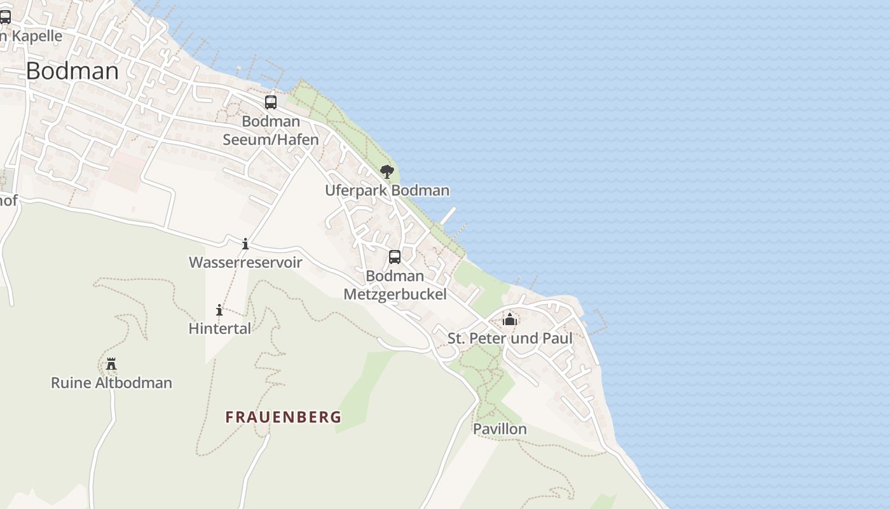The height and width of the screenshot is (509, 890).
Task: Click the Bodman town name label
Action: point(72,71)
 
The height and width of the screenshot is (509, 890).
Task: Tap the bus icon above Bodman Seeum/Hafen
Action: point(271,102)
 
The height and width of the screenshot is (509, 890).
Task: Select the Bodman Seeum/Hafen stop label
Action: point(271,130)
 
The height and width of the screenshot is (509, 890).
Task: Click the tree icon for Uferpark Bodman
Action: point(387,172)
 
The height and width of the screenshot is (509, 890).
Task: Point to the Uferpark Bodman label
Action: point(387,190)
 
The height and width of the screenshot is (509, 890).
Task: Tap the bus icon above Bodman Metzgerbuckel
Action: point(395,257)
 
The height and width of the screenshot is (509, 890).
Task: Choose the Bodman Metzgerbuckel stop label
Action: point(395,284)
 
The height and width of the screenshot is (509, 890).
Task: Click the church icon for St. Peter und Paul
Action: point(510,319)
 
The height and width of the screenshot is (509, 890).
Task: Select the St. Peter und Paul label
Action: point(510,338)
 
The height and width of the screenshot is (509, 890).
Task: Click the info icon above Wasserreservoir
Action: point(245,244)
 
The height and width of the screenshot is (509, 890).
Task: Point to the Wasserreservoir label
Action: point(245,262)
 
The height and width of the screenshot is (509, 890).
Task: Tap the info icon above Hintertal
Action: point(219,310)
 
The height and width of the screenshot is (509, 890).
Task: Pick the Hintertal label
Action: point(220,328)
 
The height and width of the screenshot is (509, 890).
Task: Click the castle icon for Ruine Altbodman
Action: point(111,364)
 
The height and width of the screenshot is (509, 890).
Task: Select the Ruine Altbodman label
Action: point(111,383)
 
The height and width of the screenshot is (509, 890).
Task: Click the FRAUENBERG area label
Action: point(284,417)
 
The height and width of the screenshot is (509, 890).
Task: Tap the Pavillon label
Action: point(500,429)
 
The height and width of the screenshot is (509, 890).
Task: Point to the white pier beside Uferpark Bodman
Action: point(448,215)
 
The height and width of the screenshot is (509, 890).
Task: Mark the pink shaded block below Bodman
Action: point(125,171)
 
